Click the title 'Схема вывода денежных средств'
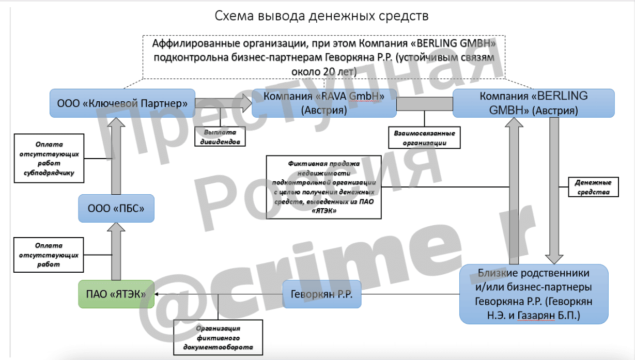(321, 16)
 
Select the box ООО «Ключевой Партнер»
(122, 103)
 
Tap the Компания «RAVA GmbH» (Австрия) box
(324, 103)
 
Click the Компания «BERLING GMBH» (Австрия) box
(534, 103)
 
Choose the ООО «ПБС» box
(116, 208)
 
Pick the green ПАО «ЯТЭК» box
(116, 294)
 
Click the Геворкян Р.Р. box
(322, 294)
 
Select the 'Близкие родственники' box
(534, 294)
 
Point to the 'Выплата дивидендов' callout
(220, 137)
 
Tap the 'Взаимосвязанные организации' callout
(424, 138)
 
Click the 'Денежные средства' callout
(593, 187)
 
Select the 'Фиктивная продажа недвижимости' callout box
(324, 187)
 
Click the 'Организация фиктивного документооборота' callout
(218, 338)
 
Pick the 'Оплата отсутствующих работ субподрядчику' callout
(49, 159)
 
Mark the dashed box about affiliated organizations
(324, 57)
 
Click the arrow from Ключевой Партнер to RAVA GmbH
(223, 103)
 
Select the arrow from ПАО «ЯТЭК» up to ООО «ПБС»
(116, 252)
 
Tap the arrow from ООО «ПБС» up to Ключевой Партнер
(116, 156)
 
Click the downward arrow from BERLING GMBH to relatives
(554, 191)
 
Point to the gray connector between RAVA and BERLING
(425, 104)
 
